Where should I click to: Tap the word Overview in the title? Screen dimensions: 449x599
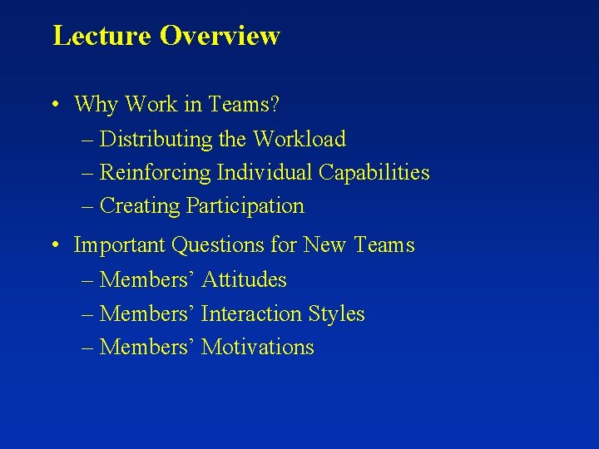[x=220, y=36]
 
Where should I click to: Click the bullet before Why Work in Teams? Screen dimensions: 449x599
[x=53, y=105]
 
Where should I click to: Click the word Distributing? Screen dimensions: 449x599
[x=160, y=139]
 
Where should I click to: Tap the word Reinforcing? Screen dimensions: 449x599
[x=156, y=172]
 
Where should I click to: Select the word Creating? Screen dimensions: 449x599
[x=140, y=205]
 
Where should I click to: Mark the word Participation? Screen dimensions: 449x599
[x=245, y=205]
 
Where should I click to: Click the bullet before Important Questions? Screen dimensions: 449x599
[x=53, y=245]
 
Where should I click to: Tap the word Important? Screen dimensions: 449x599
[x=120, y=245]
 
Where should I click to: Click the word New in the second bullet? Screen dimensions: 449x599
[x=325, y=245]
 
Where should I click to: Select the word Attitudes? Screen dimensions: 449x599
[x=244, y=280]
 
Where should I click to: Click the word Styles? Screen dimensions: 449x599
[x=336, y=313]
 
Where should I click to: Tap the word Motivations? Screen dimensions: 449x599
[x=258, y=347]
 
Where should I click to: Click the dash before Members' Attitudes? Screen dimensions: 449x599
[x=89, y=280]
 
